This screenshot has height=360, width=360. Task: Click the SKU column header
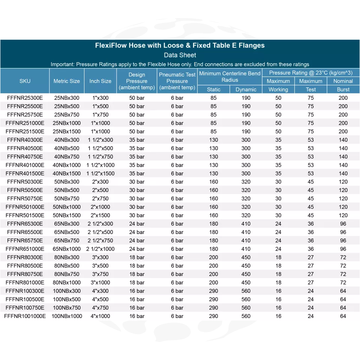point(25,81)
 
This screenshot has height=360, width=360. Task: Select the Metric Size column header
point(67,81)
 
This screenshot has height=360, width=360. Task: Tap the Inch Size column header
point(100,81)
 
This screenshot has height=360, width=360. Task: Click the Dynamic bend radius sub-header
point(246,90)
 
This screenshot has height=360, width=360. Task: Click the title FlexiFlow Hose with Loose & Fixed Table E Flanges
point(180,45)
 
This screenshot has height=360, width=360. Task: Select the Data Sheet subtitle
point(180,55)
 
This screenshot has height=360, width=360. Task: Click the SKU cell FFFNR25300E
point(25,98)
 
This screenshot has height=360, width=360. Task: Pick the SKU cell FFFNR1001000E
point(25,316)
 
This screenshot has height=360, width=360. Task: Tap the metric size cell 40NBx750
point(67,157)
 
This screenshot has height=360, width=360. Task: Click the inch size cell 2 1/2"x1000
point(100,249)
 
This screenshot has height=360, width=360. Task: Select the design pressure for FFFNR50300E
point(137,182)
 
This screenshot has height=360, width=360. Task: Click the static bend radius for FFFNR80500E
point(214,266)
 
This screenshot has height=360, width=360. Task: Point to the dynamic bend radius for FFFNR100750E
point(246,308)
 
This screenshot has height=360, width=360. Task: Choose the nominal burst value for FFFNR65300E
point(343,224)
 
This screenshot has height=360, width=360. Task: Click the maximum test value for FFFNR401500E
point(311,174)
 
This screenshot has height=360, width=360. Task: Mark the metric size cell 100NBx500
point(67,299)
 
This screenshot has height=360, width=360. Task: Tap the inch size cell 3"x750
point(100,274)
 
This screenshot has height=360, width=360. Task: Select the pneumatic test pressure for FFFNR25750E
point(177,115)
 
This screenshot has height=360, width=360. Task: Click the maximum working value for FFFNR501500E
point(278,215)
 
